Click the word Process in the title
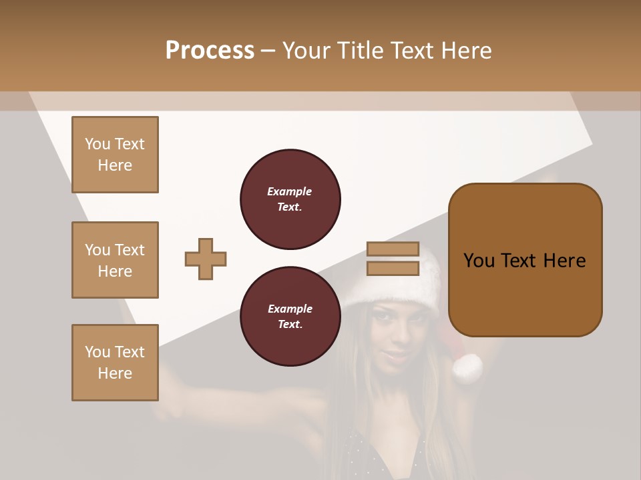click(210, 50)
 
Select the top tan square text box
click(115, 155)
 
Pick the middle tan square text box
click(115, 260)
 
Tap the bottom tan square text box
click(115, 363)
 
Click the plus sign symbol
click(206, 259)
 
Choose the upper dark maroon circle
click(290, 199)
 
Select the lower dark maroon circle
click(290, 317)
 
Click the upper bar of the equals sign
click(393, 249)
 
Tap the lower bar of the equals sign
click(393, 268)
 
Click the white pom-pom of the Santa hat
click(467, 368)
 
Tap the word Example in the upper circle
click(289, 191)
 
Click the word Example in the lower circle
click(290, 309)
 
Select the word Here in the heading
click(465, 50)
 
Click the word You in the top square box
click(97, 144)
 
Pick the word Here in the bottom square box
click(115, 373)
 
